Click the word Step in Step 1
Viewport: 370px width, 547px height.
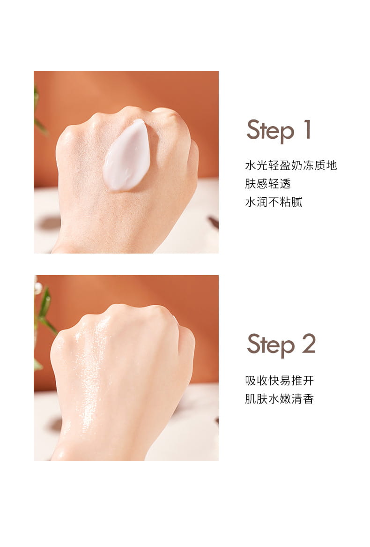pyautogui.click(x=270, y=131)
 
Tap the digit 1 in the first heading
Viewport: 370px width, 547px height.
pyautogui.click(x=307, y=129)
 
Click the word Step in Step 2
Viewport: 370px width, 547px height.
pyautogui.click(x=271, y=345)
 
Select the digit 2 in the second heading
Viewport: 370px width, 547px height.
pyautogui.click(x=309, y=344)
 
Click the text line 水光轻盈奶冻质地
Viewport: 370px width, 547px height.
pyautogui.click(x=291, y=165)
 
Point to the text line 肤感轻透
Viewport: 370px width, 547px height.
pyautogui.click(x=268, y=183)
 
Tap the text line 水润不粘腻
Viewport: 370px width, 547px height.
pyautogui.click(x=274, y=202)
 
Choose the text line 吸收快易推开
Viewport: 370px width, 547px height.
pyautogui.click(x=279, y=380)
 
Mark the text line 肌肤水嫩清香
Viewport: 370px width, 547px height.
pyautogui.click(x=279, y=399)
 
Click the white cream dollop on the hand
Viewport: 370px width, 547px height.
pyautogui.click(x=127, y=156)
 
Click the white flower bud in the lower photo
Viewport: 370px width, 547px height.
pyautogui.click(x=37, y=288)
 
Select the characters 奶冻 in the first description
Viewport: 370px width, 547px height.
pyautogui.click(x=297, y=165)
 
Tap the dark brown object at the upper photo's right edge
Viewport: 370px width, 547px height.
pyautogui.click(x=214, y=222)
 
